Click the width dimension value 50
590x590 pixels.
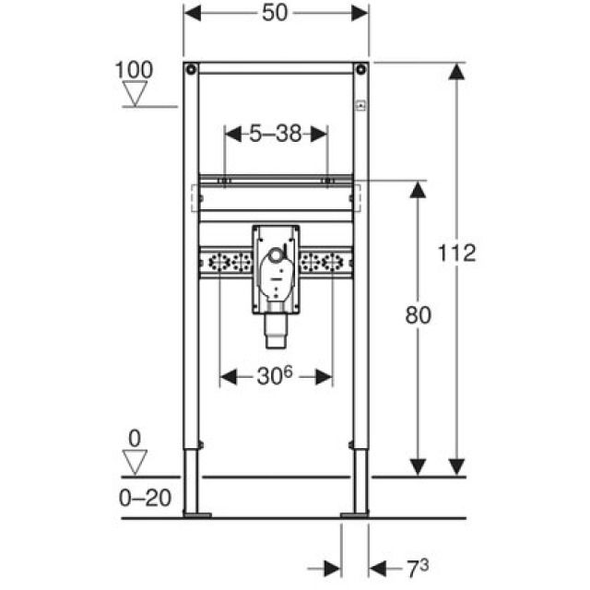(x=276, y=14)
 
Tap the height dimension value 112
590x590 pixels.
(x=457, y=252)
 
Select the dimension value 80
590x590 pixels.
(x=418, y=314)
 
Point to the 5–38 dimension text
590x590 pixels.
(x=276, y=134)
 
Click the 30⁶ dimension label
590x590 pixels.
(x=276, y=376)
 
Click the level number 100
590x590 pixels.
(x=134, y=69)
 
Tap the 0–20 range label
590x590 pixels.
(x=145, y=498)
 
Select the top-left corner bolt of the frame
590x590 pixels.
(x=191, y=69)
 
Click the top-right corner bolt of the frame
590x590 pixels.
(x=361, y=69)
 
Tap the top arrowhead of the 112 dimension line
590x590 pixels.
(x=454, y=74)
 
